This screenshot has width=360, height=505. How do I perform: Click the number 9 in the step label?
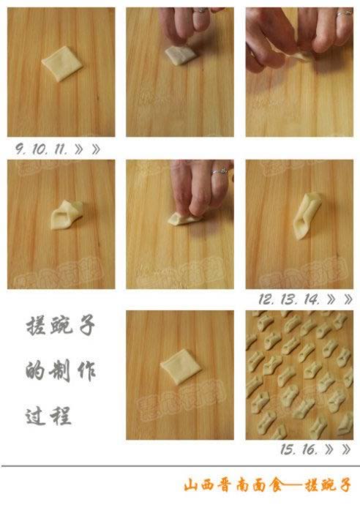pos(20,148)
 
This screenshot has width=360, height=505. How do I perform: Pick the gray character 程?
pos(64,416)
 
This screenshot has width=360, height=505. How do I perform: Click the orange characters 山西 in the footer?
pos(200,485)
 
